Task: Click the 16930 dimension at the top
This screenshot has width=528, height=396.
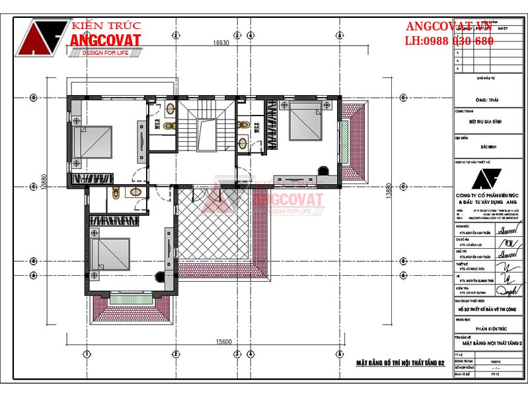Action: [x=221, y=44]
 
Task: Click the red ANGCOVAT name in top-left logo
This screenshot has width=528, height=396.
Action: [x=105, y=40]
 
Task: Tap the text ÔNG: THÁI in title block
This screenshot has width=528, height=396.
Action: [x=486, y=99]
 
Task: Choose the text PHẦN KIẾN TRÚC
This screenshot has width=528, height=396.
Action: [x=488, y=327]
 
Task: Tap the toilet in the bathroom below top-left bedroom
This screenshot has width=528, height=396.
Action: [x=117, y=192]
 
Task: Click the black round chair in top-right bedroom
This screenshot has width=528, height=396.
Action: [x=323, y=169]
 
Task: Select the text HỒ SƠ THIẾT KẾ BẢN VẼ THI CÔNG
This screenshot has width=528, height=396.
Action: [x=488, y=309]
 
